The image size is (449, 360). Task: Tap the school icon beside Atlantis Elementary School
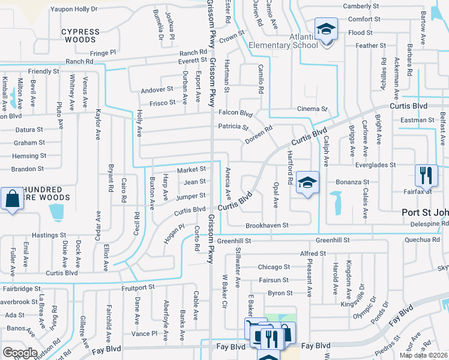[325, 29]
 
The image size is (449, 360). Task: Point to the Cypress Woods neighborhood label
[80, 35]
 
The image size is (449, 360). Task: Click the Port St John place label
[425, 213]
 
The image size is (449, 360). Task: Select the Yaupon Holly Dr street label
[74, 9]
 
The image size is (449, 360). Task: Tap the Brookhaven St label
[267, 226]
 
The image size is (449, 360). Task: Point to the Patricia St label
[233, 127]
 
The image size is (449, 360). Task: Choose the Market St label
[191, 170]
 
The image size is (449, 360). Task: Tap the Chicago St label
[273, 267]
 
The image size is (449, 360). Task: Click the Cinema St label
[312, 109]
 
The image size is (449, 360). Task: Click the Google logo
[20, 353]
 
